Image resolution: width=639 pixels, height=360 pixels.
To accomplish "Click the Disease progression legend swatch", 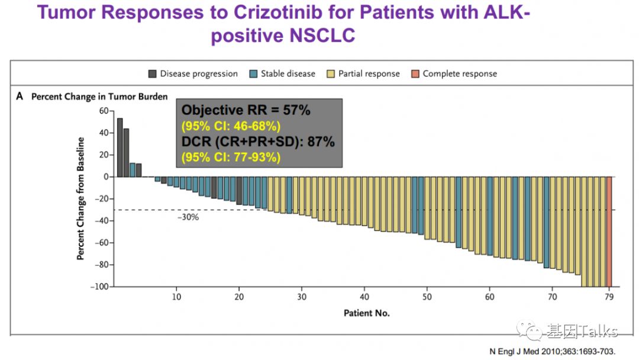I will [x=153, y=74].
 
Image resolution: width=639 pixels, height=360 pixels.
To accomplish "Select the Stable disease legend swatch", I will [x=253, y=74].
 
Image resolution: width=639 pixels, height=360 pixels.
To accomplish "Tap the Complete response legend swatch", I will [x=415, y=74].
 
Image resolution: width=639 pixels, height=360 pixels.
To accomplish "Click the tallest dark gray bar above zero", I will [x=120, y=147].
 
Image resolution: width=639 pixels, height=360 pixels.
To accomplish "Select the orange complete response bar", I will [x=609, y=232].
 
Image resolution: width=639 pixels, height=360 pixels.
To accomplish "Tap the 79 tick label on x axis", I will [x=609, y=296].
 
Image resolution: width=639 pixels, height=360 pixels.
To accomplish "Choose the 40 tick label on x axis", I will [x=365, y=296].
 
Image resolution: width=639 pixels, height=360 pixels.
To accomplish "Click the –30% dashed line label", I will [x=188, y=217].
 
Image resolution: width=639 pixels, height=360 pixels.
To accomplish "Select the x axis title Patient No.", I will [x=366, y=313].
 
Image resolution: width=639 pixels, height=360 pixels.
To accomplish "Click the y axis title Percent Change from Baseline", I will [x=80, y=198].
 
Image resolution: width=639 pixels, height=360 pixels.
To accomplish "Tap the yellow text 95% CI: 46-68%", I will [x=231, y=126].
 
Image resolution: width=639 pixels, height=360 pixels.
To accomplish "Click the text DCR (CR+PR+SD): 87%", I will [x=258, y=142].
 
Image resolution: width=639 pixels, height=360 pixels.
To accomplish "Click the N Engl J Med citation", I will [x=548, y=351].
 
